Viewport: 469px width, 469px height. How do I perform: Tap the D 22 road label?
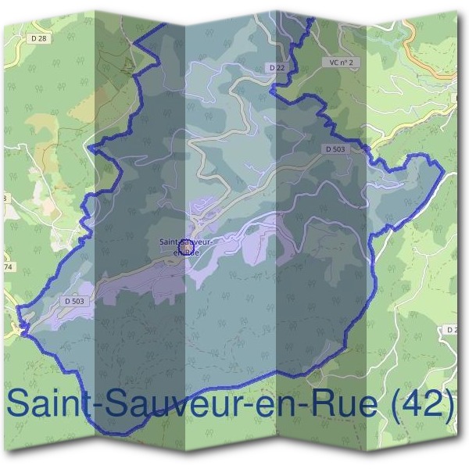277,69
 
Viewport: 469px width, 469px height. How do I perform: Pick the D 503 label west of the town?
74,300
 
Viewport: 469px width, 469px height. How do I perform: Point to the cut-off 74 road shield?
8,267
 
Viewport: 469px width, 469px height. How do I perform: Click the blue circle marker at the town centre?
186,245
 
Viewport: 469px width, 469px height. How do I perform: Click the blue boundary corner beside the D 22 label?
271,91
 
